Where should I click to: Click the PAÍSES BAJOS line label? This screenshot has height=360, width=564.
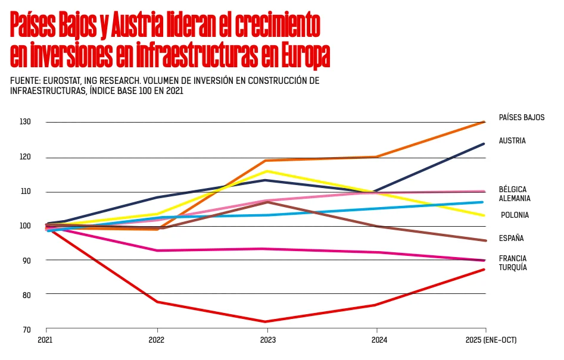(x=521, y=117)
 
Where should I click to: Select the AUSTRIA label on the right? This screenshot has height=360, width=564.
(x=512, y=141)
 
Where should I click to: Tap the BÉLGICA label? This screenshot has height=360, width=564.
(x=512, y=189)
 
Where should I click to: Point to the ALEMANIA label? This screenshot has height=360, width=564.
(x=514, y=198)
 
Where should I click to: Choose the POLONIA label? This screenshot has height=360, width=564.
(x=515, y=215)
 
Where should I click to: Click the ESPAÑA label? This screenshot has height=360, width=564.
(x=511, y=239)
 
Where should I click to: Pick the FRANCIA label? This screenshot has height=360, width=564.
(x=512, y=259)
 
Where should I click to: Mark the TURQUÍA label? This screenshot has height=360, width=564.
(x=513, y=268)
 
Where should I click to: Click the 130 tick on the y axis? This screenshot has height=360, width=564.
(x=26, y=122)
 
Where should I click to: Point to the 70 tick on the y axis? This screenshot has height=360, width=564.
(x=27, y=329)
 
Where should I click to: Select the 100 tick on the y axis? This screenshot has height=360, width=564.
(x=26, y=226)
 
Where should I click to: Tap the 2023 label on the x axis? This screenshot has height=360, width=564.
(x=267, y=340)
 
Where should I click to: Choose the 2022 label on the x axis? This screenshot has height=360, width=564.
(x=157, y=340)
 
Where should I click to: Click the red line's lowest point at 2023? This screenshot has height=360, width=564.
(x=267, y=322)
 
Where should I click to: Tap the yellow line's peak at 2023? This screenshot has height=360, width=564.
(x=267, y=171)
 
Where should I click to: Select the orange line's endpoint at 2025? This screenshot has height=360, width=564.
(x=485, y=122)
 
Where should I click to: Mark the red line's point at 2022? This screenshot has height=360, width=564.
(x=157, y=302)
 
